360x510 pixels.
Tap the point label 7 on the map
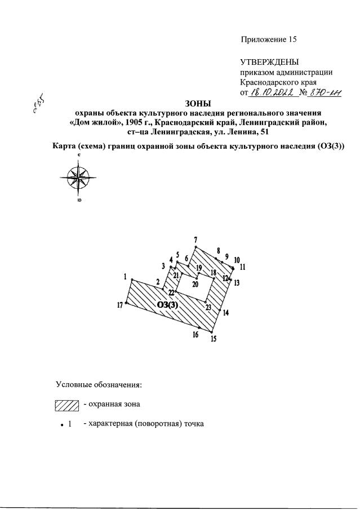click(195, 239)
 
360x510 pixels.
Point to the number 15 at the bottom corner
click(213, 339)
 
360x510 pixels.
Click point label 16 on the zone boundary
click(195, 335)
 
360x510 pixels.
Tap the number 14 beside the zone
click(226, 313)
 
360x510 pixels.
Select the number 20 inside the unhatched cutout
click(195, 285)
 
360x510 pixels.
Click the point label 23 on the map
click(208, 307)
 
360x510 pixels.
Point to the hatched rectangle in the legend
click(65, 404)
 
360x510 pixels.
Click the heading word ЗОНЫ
click(197, 103)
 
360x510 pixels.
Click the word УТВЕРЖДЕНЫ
click(269, 61)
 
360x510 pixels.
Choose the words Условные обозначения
click(99, 385)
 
